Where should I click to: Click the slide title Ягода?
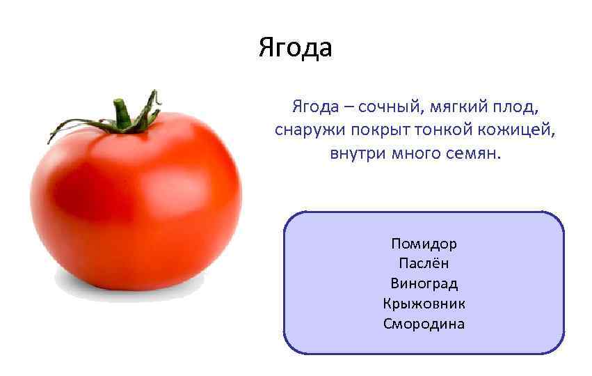click(295, 48)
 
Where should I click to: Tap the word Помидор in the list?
click(424, 244)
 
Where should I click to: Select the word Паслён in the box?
click(424, 264)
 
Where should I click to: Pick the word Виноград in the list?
click(424, 283)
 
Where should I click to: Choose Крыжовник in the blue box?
click(424, 304)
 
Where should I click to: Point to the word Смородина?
click(424, 324)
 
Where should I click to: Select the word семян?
click(475, 152)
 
